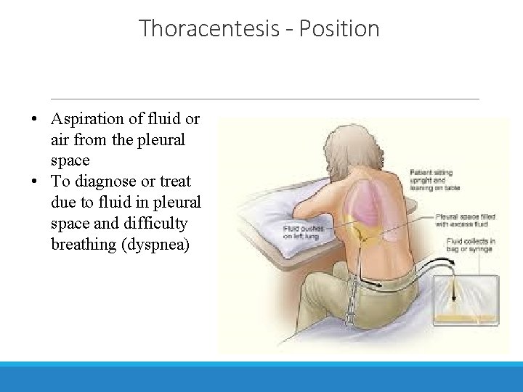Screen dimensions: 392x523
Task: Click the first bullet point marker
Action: point(35,119)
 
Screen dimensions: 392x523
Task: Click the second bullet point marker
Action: point(35,181)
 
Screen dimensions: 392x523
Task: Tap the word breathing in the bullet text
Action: point(82,244)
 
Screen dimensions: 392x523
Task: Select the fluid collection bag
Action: point(464,298)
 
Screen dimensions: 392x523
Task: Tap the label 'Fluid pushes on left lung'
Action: point(301,232)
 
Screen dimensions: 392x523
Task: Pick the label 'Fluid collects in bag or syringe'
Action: point(470,245)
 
